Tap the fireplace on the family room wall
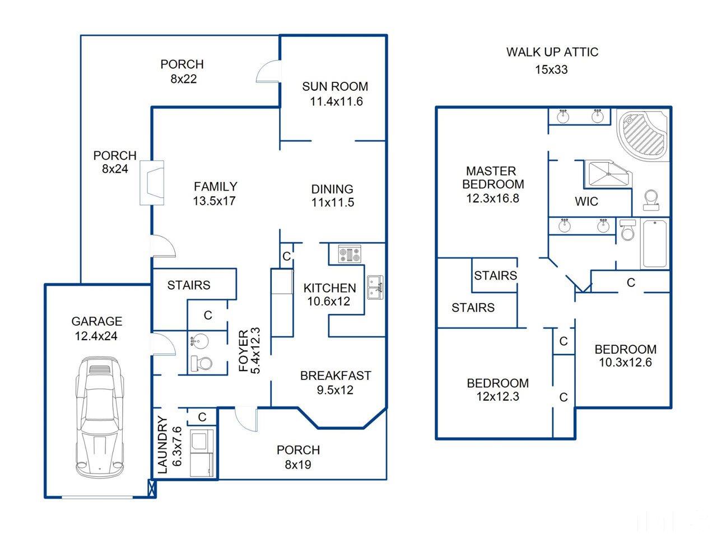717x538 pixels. [152, 183]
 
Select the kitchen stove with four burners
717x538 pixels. [350, 254]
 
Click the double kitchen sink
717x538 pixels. [375, 287]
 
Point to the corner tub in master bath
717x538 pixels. [642, 134]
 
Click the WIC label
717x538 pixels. [586, 202]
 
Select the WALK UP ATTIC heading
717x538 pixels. [552, 52]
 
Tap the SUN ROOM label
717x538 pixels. [335, 86]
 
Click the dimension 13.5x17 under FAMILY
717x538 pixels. [215, 201]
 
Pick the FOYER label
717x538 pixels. [244, 351]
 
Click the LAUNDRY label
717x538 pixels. [162, 445]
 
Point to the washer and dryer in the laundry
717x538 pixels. [202, 453]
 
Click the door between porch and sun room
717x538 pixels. [268, 71]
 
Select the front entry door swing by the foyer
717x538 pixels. [246, 419]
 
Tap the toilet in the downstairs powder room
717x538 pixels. [201, 363]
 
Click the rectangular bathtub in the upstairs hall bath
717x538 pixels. [655, 244]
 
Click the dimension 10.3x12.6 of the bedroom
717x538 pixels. [625, 362]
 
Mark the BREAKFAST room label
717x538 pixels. [336, 375]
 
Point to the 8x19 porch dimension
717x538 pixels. [298, 465]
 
